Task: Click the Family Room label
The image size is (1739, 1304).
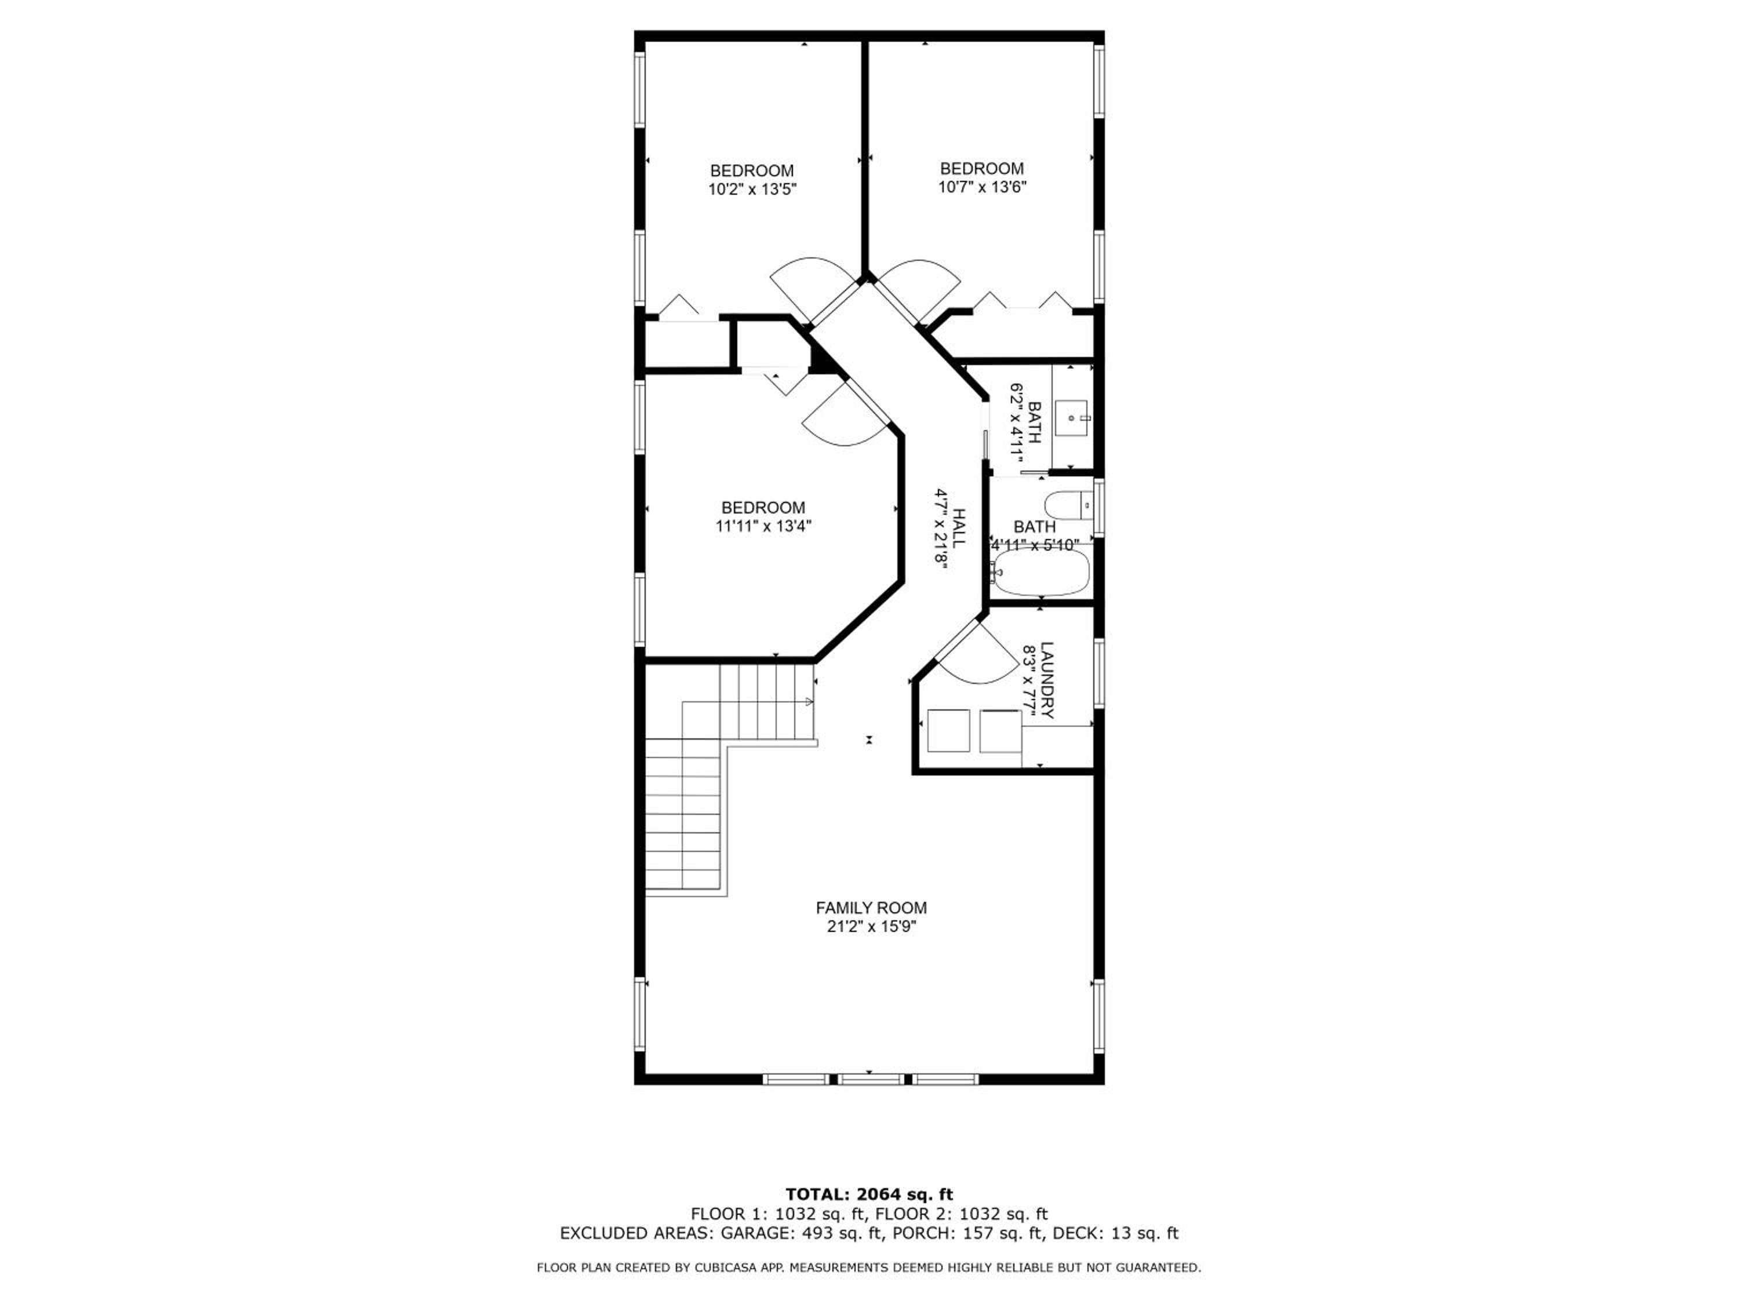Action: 871,908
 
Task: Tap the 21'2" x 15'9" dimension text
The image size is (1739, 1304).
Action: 871,927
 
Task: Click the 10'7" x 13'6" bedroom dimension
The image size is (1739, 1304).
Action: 982,187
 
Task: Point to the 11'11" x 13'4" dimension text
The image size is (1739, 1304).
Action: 763,527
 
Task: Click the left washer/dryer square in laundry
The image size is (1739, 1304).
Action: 949,731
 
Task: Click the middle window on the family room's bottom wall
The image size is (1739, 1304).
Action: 870,1079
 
